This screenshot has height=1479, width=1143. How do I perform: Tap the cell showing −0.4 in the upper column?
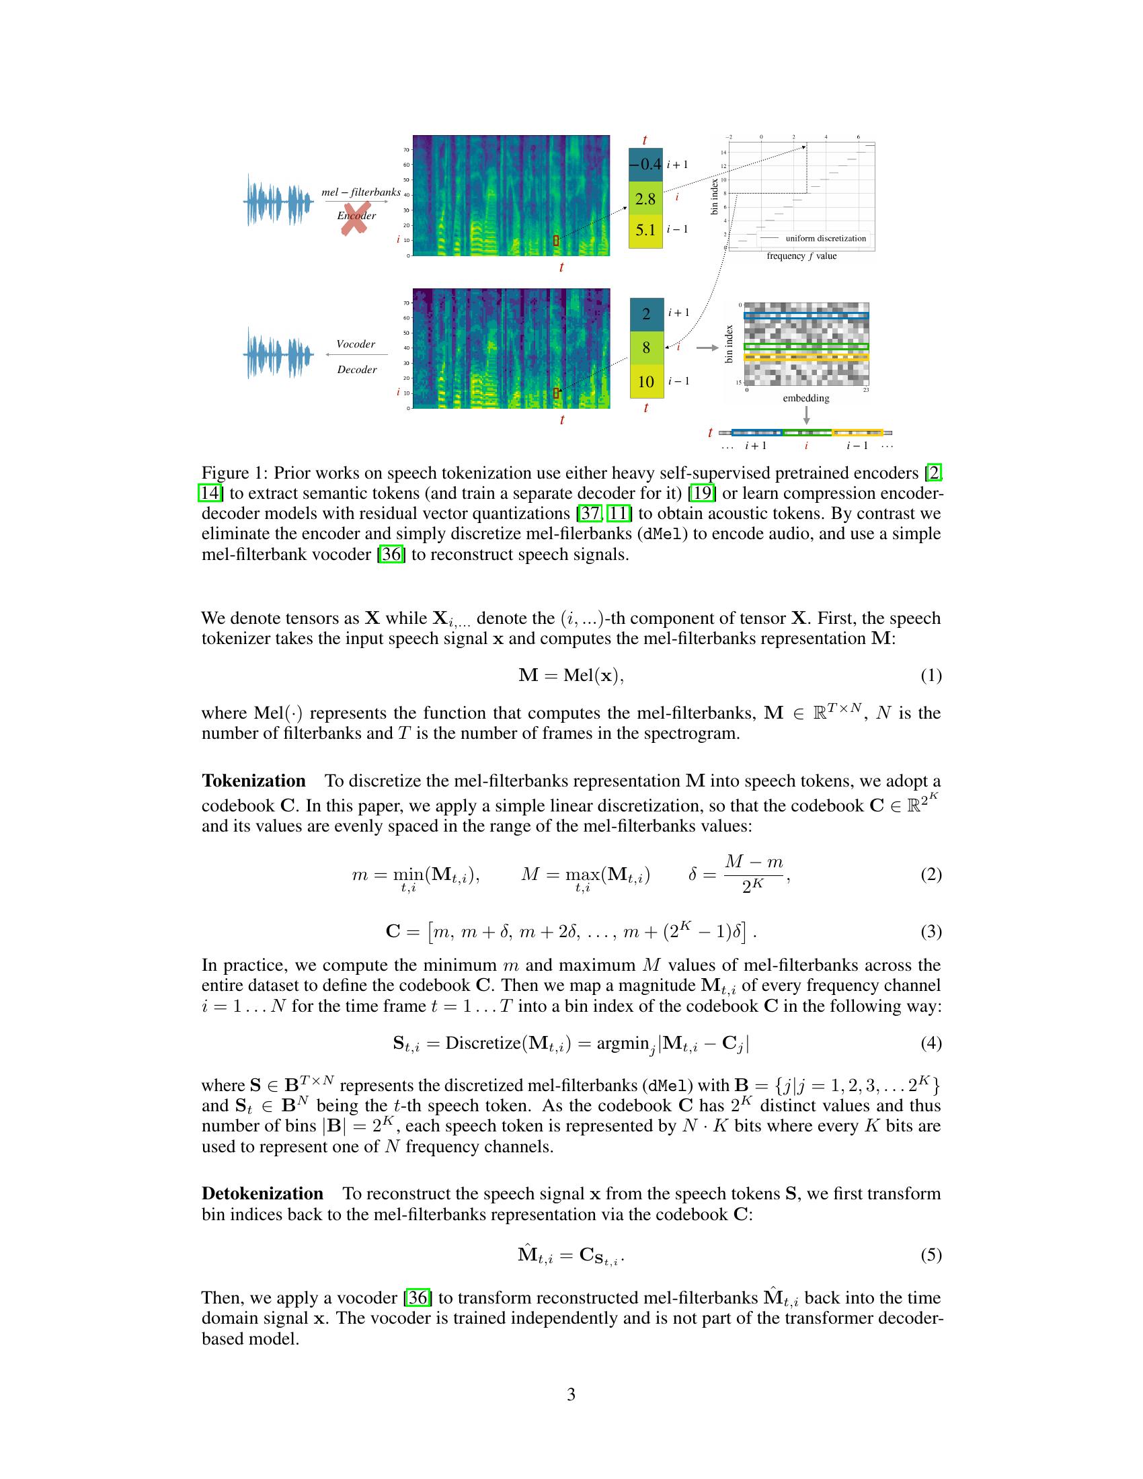pyautogui.click(x=645, y=165)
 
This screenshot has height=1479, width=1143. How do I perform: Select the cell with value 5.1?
pyautogui.click(x=645, y=230)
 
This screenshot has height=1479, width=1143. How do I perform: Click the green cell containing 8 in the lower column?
pyautogui.click(x=646, y=348)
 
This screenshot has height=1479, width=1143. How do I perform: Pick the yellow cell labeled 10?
pyautogui.click(x=646, y=381)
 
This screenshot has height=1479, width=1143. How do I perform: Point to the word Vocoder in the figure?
pyautogui.click(x=356, y=344)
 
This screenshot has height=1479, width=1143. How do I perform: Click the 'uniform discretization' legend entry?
pyautogui.click(x=826, y=239)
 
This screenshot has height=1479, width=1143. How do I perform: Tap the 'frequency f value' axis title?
pyautogui.click(x=801, y=256)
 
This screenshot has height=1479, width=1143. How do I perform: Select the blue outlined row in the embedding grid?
pyautogui.click(x=805, y=315)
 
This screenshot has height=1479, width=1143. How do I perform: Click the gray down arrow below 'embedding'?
pyautogui.click(x=805, y=414)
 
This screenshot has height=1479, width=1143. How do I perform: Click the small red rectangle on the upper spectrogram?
pyautogui.click(x=556, y=241)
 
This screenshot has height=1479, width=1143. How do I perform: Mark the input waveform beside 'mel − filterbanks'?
pyautogui.click(x=278, y=201)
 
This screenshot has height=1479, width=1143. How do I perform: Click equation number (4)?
pyautogui.click(x=931, y=1043)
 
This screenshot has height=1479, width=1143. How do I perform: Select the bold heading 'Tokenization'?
pyautogui.click(x=253, y=781)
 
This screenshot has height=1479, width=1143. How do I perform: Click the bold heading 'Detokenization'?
pyautogui.click(x=262, y=1193)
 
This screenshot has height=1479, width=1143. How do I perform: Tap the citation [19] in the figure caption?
pyautogui.click(x=701, y=493)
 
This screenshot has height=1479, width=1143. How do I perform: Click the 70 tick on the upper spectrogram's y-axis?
pyautogui.click(x=406, y=150)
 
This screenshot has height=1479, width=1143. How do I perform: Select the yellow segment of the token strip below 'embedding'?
pyautogui.click(x=857, y=432)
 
